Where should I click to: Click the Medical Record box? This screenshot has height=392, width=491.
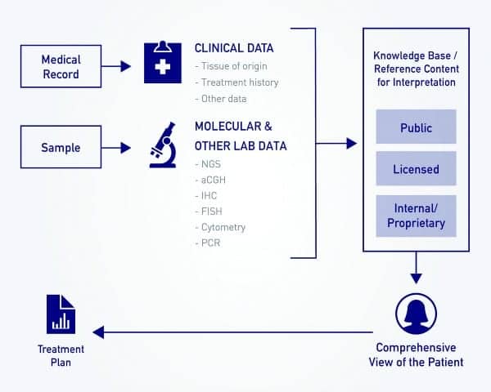pyautogui.click(x=61, y=66)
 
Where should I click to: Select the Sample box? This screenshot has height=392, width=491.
pyautogui.click(x=61, y=147)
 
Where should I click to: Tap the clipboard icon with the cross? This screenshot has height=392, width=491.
pyautogui.click(x=162, y=63)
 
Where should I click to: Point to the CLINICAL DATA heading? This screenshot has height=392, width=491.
pyautogui.click(x=234, y=48)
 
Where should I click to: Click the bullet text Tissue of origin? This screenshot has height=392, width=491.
pyautogui.click(x=232, y=66)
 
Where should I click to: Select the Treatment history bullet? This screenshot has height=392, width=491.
pyautogui.click(x=236, y=82)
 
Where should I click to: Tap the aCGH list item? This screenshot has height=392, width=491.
pyautogui.click(x=210, y=179)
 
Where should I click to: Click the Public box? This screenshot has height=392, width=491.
pyautogui.click(x=416, y=128)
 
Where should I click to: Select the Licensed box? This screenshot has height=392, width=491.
pyautogui.click(x=416, y=170)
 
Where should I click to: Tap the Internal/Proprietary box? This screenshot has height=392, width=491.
pyautogui.click(x=416, y=216)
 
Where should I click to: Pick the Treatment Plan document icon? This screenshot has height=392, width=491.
pyautogui.click(x=61, y=313)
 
